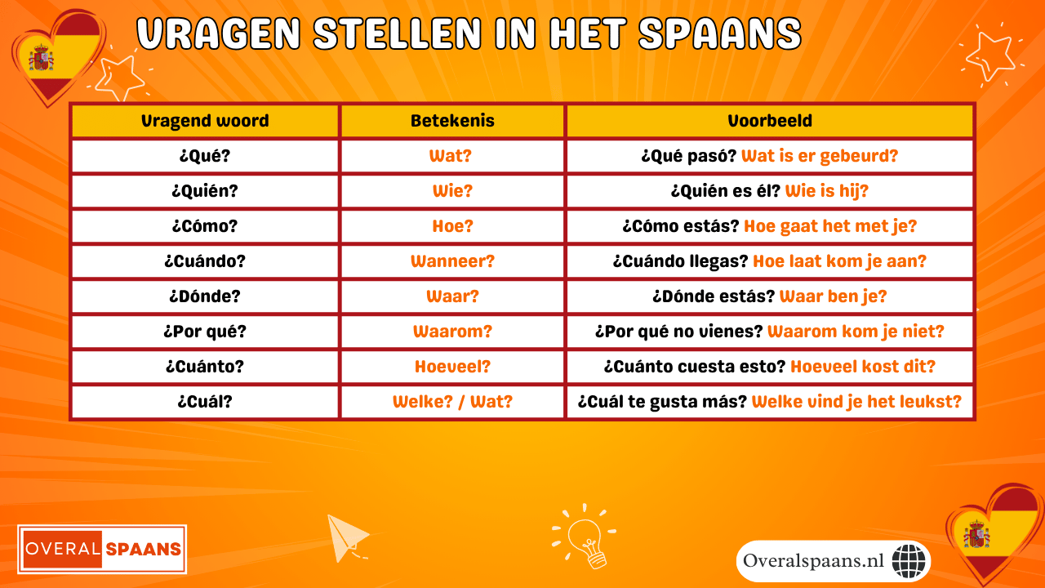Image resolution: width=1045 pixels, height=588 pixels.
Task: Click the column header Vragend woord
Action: click(205, 122)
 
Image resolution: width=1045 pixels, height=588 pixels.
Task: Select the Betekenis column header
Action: click(452, 122)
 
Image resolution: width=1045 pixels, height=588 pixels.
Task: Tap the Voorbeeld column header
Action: click(770, 122)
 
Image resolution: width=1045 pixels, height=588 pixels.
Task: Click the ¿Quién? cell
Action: click(205, 192)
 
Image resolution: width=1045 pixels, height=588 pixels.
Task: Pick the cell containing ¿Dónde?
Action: click(205, 296)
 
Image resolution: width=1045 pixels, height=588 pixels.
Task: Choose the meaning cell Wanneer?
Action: click(452, 262)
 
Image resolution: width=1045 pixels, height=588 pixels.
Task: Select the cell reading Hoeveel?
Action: click(452, 367)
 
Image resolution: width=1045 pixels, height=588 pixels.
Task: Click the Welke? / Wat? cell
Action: click(452, 402)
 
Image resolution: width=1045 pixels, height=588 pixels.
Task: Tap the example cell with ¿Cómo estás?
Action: click(770, 226)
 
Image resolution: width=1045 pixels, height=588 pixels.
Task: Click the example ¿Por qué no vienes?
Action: click(770, 332)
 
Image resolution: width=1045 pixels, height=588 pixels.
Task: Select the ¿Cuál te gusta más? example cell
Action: click(770, 402)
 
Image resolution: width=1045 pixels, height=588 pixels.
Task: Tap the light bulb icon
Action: click(585, 537)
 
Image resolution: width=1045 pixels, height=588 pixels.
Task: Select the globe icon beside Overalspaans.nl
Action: click(909, 561)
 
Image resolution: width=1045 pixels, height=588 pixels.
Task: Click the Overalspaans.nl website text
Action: click(814, 561)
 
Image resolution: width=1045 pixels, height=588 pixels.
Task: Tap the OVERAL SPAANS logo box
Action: click(103, 548)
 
